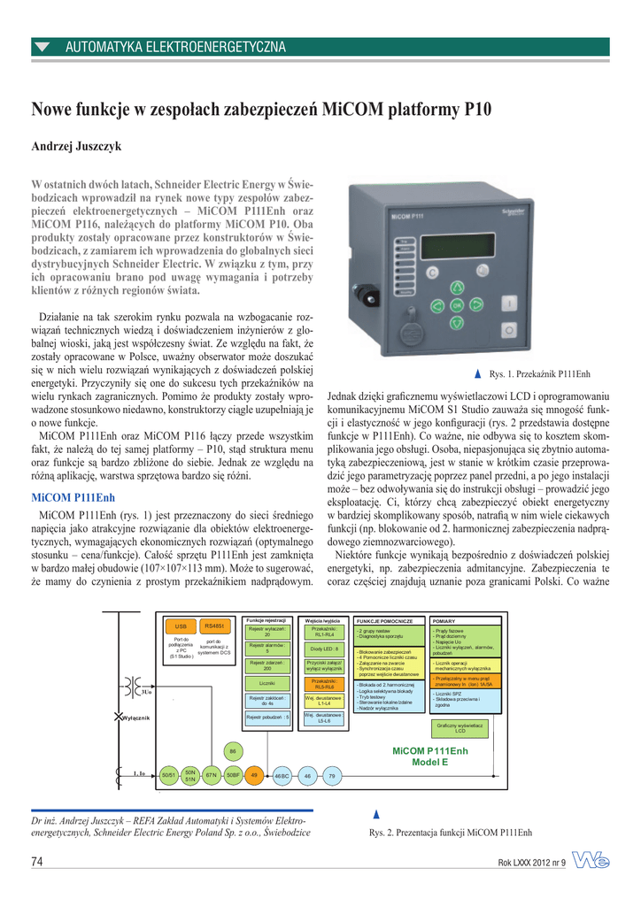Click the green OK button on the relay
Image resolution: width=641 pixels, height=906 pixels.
tap(458, 305)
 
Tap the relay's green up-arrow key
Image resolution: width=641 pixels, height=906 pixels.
tap(458, 288)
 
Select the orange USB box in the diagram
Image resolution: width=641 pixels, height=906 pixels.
tap(181, 626)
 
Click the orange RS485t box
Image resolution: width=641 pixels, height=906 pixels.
tap(213, 626)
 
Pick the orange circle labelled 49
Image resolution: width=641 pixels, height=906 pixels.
tap(254, 775)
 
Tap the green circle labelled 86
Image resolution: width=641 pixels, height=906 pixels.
tap(233, 751)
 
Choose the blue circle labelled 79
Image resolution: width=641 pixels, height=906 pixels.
tap(332, 775)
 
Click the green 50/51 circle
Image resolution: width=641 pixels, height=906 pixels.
tap(166, 775)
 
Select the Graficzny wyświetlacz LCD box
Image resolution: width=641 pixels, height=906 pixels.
tap(460, 728)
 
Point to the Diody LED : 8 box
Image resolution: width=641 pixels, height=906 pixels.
tap(324, 649)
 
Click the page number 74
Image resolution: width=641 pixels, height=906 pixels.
tap(38, 863)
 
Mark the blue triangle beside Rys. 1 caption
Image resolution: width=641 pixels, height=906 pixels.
tap(479, 374)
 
